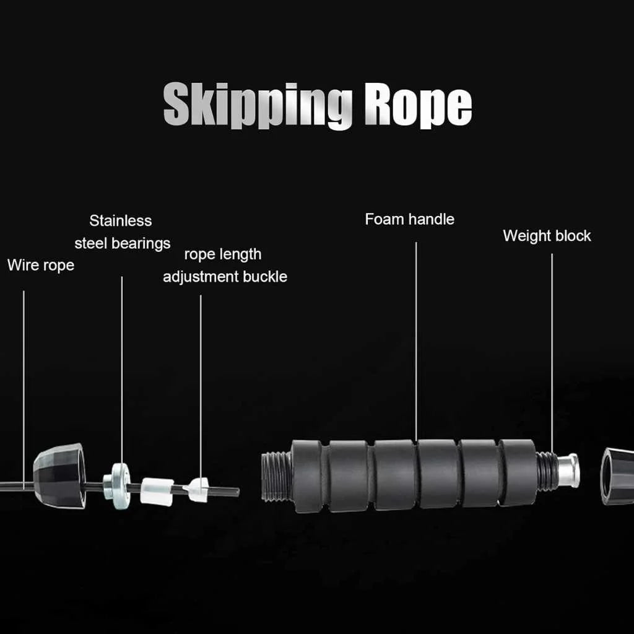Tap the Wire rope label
[41, 266]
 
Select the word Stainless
[120, 221]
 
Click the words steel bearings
[122, 243]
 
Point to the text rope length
[223, 254]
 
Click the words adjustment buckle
[225, 277]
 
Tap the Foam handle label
[409, 219]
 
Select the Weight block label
[547, 236]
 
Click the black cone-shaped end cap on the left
[59, 475]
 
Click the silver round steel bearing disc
[118, 485]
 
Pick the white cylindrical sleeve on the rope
[157, 491]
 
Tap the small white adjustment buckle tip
[196, 490]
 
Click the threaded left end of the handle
[276, 475]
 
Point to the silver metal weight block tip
[568, 471]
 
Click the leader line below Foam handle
[416, 341]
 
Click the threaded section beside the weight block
[546, 471]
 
